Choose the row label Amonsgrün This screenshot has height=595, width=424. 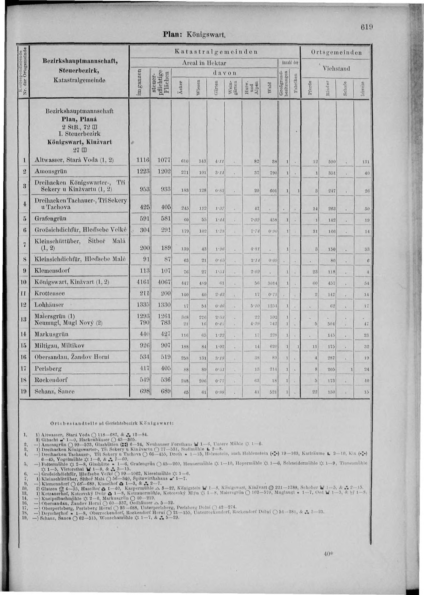(x=51, y=171)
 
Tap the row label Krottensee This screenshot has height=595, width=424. (x=50, y=293)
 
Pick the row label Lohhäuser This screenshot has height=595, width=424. (x=49, y=305)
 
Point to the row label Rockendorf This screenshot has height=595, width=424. (x=51, y=380)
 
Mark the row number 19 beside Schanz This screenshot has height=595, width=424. (x=24, y=391)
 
